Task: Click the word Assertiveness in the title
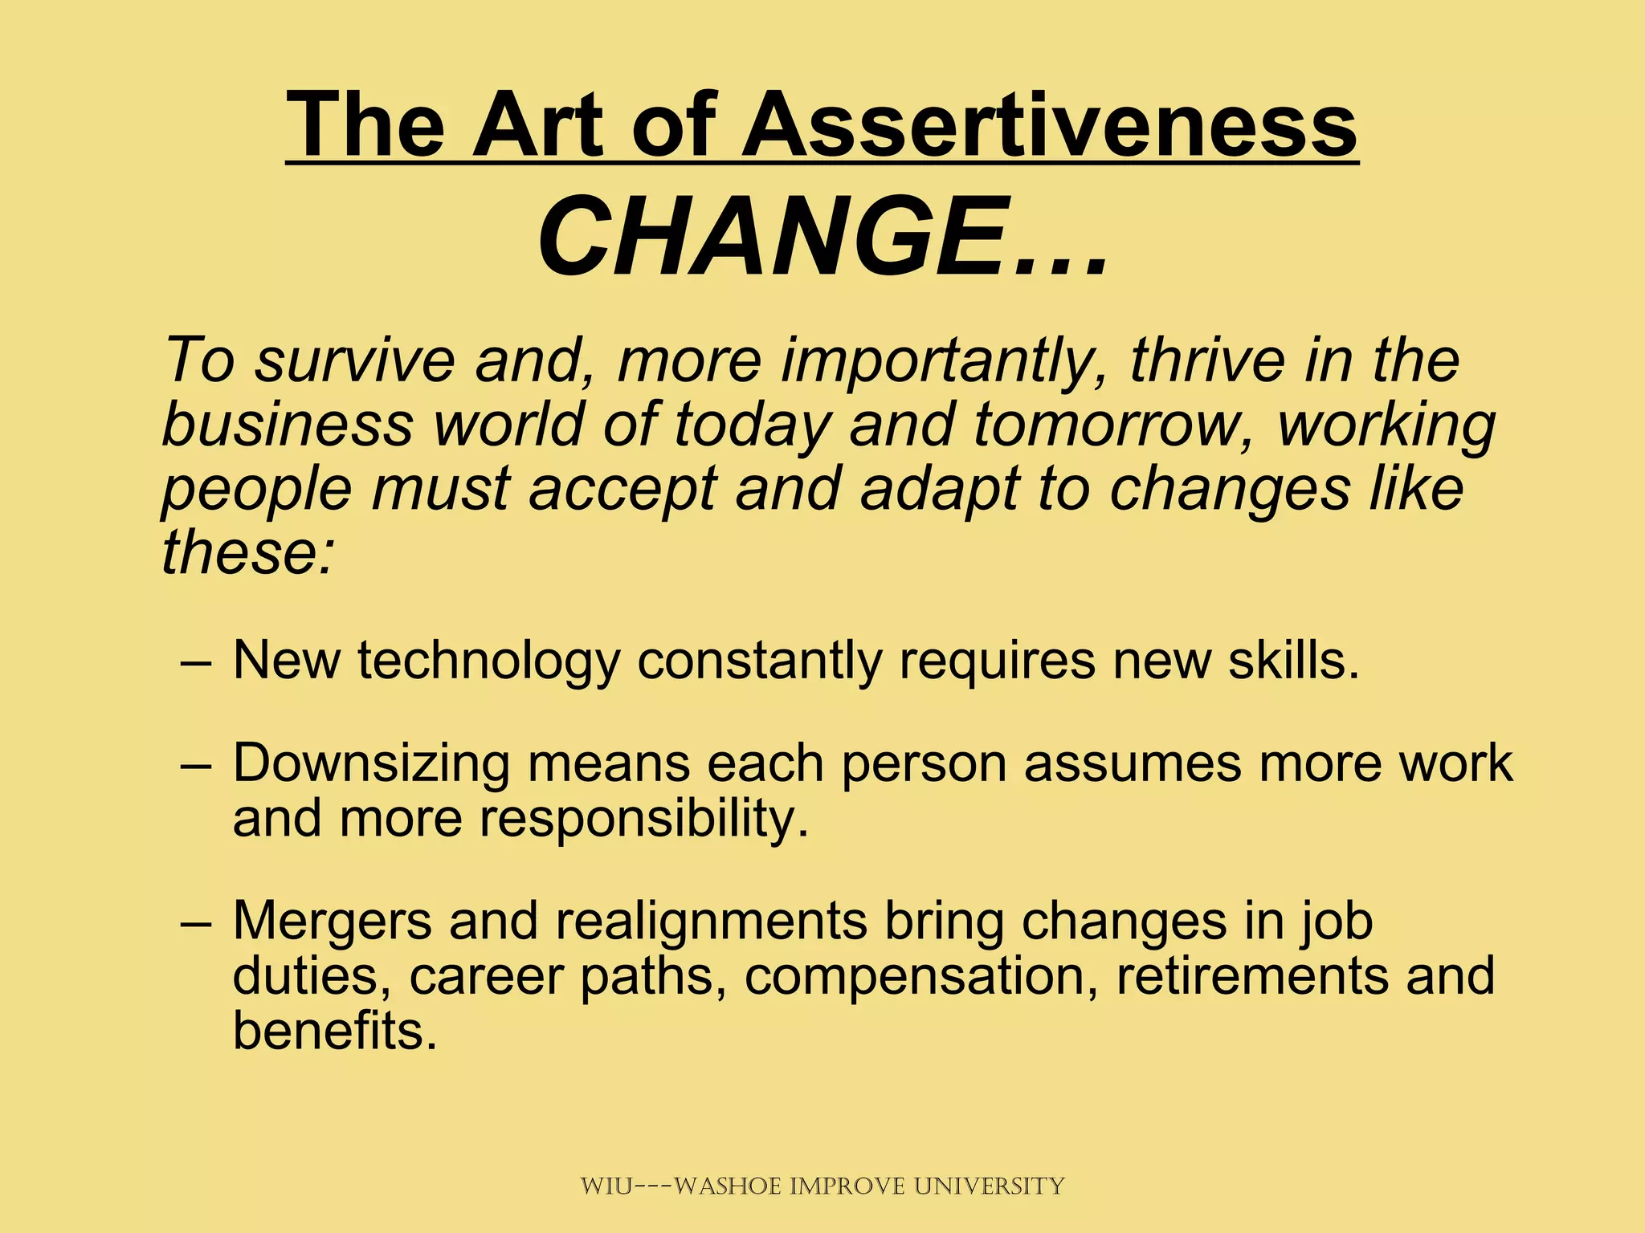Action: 1048,125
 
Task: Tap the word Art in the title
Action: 537,125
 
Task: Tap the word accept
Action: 622,490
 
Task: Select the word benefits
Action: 335,1031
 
